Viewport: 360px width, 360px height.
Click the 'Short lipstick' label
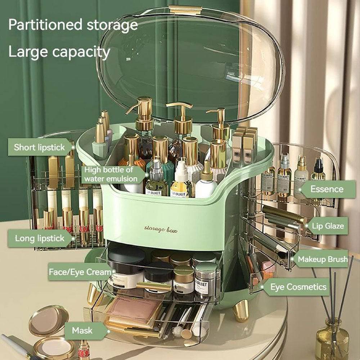(x=40, y=147)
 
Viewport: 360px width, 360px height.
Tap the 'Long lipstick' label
(x=40, y=238)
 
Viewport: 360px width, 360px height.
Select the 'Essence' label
(x=327, y=189)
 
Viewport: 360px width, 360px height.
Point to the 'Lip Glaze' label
(x=328, y=226)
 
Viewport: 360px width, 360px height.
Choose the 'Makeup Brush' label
(x=323, y=259)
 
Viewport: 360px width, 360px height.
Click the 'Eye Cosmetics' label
(x=298, y=287)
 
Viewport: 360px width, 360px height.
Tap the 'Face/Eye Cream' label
(x=80, y=272)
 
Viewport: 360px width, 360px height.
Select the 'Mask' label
(x=82, y=330)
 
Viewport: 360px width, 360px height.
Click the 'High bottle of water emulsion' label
(x=110, y=174)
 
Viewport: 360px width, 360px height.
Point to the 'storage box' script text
(x=161, y=229)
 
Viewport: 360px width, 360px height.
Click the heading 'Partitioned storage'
(x=73, y=25)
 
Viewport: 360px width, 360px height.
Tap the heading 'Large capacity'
(x=59, y=52)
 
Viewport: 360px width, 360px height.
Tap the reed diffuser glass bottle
(x=332, y=342)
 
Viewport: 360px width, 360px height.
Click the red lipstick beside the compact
(x=84, y=350)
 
